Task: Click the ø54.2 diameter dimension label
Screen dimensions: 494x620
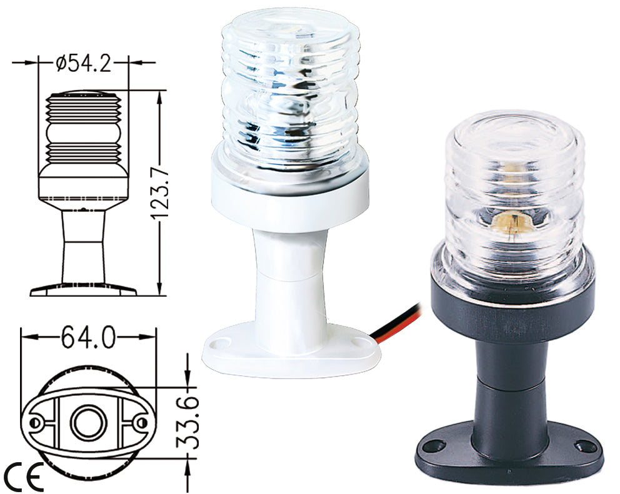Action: [83, 63]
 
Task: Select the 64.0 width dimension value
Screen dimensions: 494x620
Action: [87, 338]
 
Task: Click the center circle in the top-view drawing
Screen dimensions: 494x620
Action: [84, 423]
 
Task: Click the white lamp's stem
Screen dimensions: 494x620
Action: [289, 275]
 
